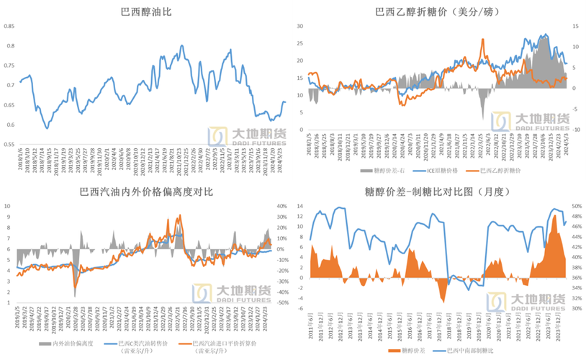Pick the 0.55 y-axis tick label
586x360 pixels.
coord(10,144)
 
